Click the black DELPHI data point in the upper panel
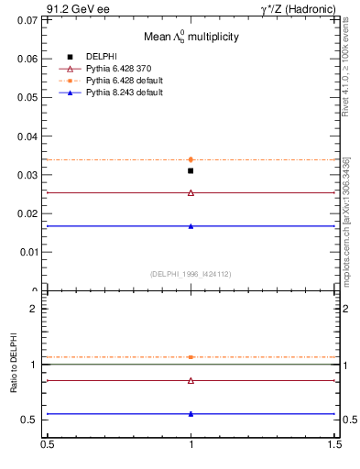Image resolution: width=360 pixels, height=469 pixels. (191, 170)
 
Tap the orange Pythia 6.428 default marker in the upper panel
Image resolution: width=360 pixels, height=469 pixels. (191, 159)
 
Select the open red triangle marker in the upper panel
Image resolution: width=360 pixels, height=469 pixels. (191, 192)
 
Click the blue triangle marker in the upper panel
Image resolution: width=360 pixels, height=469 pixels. (191, 225)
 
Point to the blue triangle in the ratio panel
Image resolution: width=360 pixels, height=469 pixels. (191, 414)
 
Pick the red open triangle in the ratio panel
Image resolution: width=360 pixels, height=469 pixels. (191, 380)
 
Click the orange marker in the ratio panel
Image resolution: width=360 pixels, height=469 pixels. (191, 357)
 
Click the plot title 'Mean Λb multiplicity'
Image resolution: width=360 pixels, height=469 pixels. (190, 38)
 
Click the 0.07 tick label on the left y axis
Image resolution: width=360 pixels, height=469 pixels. (29, 20)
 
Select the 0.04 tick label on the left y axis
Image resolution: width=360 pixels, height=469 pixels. (29, 136)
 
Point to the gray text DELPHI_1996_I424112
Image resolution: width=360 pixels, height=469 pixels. (190, 273)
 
